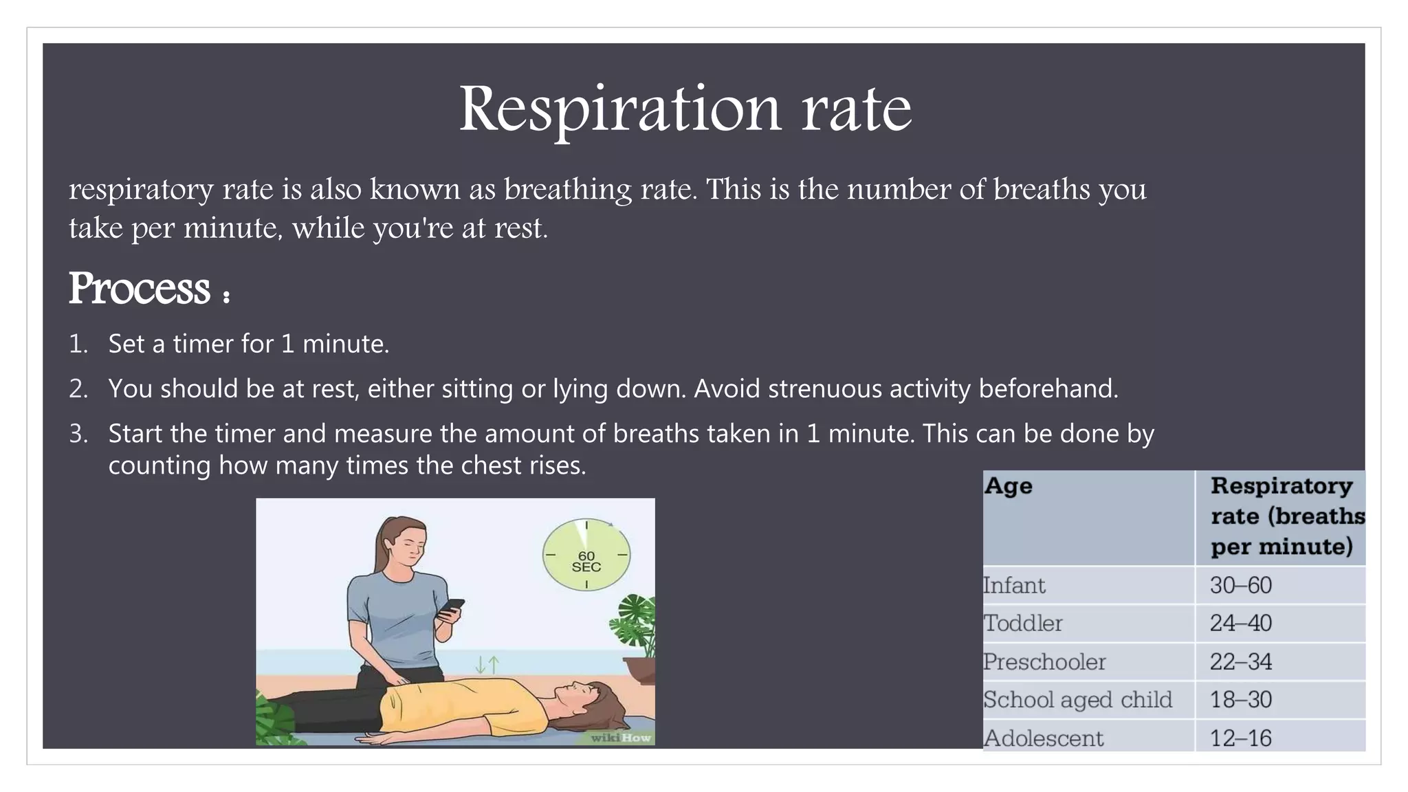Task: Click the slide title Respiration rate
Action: click(685, 109)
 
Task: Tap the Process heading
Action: click(140, 289)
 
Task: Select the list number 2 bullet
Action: click(78, 389)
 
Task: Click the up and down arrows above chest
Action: click(487, 664)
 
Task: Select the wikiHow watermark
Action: click(621, 738)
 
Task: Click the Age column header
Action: click(1008, 486)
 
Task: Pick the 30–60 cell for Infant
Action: click(1241, 586)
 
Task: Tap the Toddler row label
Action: click(1022, 624)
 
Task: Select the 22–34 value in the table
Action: click(1241, 662)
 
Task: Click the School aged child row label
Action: click(1077, 700)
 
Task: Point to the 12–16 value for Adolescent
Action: click(1241, 738)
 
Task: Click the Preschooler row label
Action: click(1044, 662)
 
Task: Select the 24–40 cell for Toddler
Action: click(1241, 624)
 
